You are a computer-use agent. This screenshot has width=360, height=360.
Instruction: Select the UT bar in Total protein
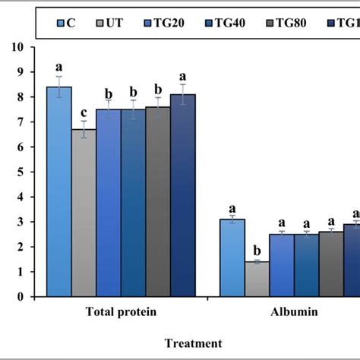pos(84,213)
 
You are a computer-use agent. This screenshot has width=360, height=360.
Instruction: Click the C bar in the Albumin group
pos(232,257)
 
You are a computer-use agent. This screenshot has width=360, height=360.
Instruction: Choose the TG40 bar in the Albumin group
pos(306,265)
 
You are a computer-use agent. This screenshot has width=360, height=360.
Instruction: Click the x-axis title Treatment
pos(195,344)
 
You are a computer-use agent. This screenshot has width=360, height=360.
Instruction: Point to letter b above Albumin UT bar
pos(257,250)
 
